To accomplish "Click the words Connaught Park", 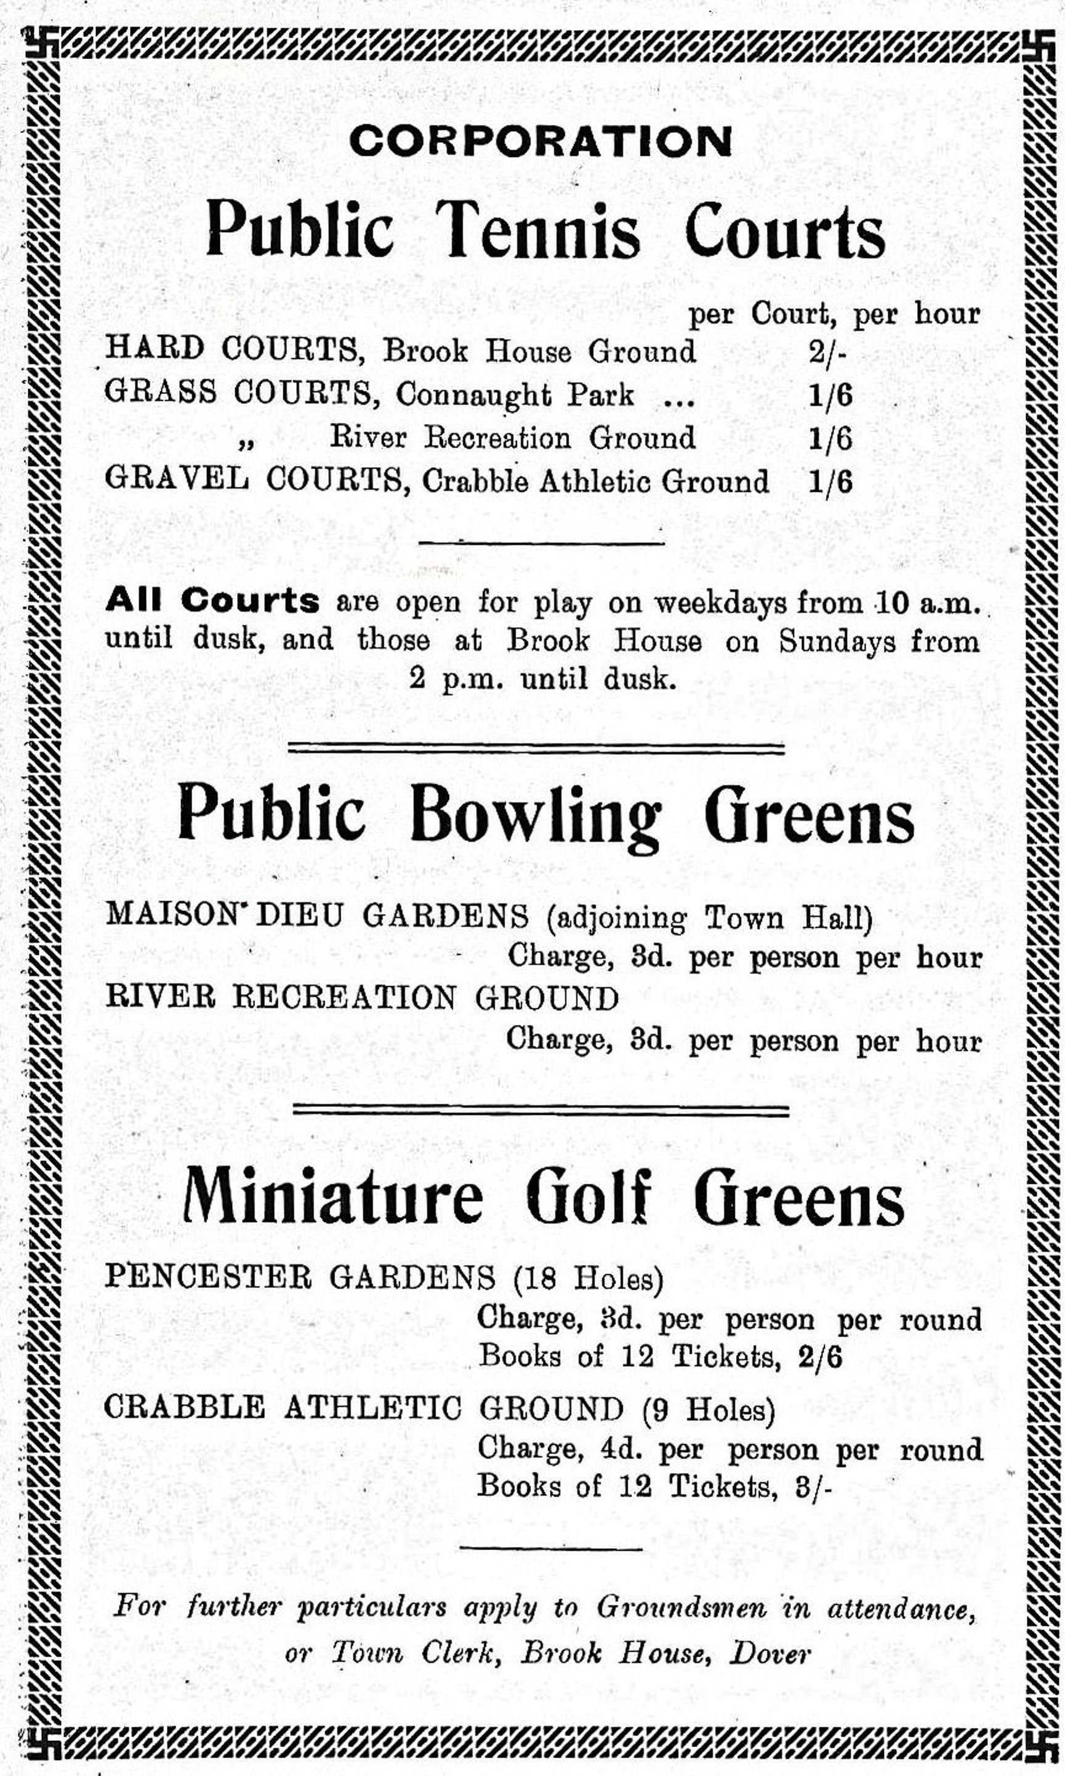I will coord(515,395).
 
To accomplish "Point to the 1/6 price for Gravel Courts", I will coord(830,482).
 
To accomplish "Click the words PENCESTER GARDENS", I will coord(300,1277).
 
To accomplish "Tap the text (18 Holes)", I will coord(588,1278).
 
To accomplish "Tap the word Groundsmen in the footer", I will coord(681,1607).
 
